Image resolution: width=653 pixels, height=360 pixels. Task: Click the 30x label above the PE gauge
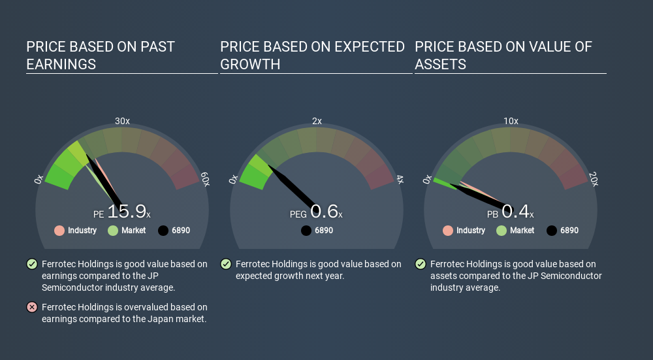[x=122, y=121]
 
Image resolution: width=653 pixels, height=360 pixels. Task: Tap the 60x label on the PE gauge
[x=205, y=179]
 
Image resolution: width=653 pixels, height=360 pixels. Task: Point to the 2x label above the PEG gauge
[x=317, y=121]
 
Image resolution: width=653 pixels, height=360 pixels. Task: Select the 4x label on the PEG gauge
[x=400, y=179]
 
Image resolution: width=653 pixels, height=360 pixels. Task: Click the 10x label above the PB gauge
[x=511, y=121]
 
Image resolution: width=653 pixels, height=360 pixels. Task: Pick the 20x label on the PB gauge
[x=594, y=179]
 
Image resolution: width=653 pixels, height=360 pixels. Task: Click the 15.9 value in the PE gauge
[x=127, y=211]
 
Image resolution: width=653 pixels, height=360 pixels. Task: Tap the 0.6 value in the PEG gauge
[x=324, y=211]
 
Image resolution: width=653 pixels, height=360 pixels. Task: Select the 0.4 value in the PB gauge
[x=515, y=211]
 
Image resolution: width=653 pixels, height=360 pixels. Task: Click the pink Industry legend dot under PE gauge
[x=59, y=231]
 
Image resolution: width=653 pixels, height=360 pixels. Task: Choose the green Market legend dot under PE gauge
[x=113, y=231]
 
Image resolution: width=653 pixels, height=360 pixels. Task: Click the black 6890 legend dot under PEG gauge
[x=306, y=231]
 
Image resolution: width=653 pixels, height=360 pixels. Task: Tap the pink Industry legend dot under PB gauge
[x=448, y=231]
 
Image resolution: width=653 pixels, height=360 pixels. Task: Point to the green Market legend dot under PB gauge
[x=502, y=231]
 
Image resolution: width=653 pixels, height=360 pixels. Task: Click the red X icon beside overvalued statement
[x=32, y=307]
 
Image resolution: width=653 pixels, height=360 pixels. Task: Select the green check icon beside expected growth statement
[x=226, y=264]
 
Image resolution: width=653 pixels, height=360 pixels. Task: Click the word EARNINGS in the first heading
[x=61, y=64]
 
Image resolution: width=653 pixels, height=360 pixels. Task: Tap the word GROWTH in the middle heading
[x=250, y=64]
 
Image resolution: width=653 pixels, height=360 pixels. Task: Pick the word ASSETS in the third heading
[x=440, y=64]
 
